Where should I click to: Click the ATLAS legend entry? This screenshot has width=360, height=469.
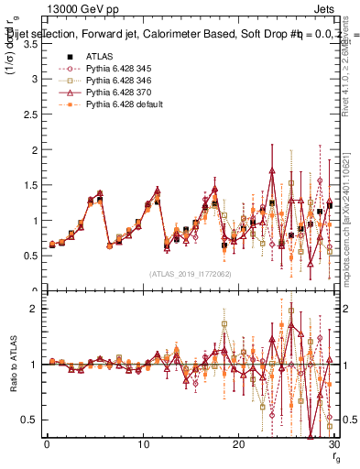point(100,56)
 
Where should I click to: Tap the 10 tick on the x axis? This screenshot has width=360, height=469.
point(142,444)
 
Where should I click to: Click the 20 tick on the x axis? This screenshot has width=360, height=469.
point(238,444)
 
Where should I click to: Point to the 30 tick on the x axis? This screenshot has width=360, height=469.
point(333,444)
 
